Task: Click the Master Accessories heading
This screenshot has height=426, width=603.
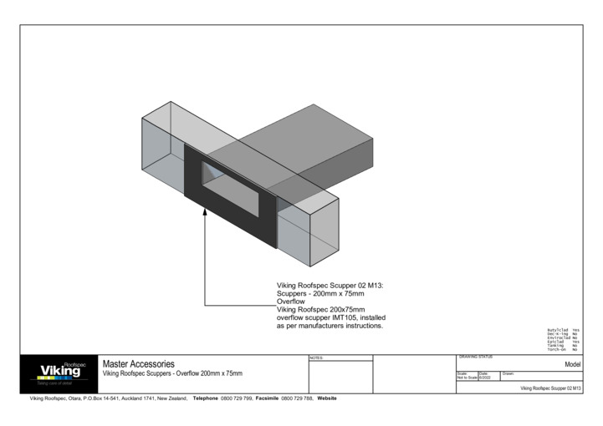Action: (138, 364)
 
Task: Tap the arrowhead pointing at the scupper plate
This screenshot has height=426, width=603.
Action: (205, 213)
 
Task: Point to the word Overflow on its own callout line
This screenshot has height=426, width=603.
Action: (291, 302)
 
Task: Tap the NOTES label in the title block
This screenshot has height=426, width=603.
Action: (316, 358)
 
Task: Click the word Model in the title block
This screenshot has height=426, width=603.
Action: (572, 365)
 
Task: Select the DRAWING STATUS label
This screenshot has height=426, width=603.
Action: (476, 357)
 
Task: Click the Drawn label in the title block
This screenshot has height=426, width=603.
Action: (508, 373)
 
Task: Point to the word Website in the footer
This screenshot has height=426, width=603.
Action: (327, 398)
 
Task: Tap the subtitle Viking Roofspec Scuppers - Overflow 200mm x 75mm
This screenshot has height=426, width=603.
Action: (171, 373)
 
